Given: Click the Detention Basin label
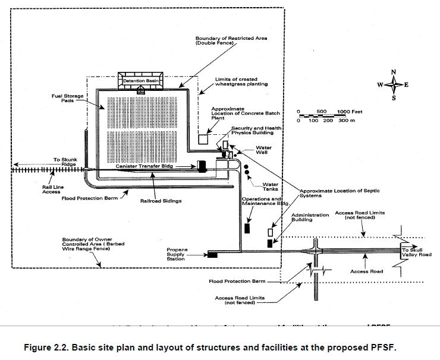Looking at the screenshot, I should tap(142, 81).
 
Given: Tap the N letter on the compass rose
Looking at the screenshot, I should tap(394, 72).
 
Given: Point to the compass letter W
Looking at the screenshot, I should tap(379, 85).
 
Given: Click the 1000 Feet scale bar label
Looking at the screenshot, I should tap(350, 112).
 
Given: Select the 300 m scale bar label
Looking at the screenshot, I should tap(347, 121).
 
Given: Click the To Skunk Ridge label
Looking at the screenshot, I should tap(65, 162).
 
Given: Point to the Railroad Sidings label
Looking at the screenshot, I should tap(161, 201).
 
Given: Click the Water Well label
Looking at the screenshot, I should tap(263, 150).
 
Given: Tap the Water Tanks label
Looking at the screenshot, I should tap(271, 187).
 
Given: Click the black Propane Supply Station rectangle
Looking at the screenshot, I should tap(212, 255).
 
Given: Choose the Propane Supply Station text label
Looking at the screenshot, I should tap(176, 254).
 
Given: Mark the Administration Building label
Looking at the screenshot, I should tap(310, 217).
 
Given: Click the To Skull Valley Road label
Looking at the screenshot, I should tap(416, 252).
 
